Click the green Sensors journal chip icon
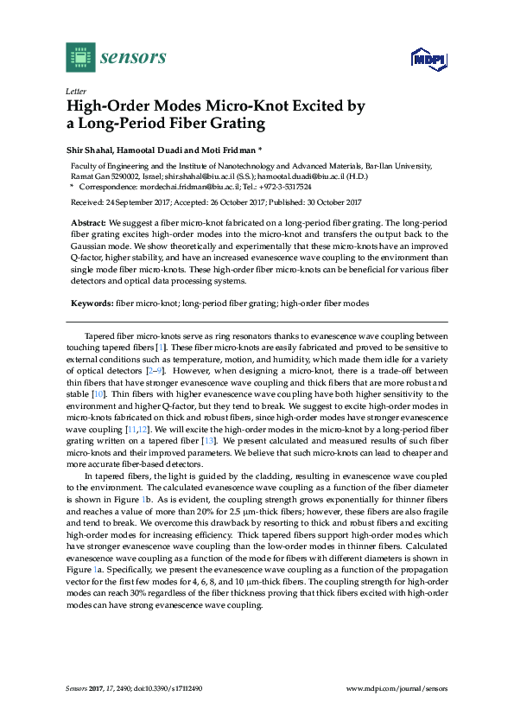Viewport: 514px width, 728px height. pos(80,57)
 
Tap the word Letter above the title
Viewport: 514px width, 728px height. pos(74,90)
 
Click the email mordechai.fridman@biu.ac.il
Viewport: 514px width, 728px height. pos(173,186)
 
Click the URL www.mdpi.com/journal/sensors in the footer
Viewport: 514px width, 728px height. pos(397,688)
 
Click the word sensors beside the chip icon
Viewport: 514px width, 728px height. pos(133,58)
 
